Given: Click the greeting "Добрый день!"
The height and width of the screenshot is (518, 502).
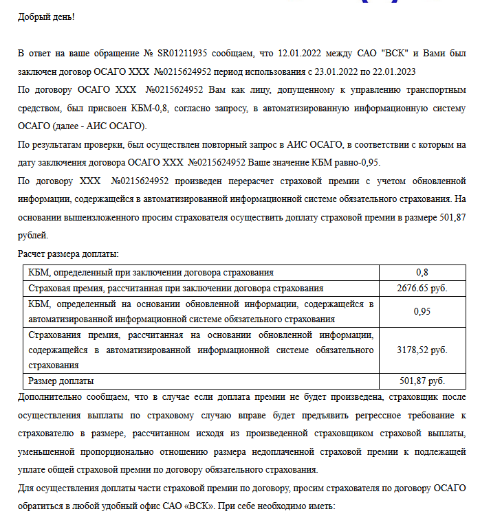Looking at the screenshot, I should pyautogui.click(x=45, y=16).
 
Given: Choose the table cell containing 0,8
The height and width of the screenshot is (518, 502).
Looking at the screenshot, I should pyautogui.click(x=422, y=273).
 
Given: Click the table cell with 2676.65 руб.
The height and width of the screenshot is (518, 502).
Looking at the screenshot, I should pyautogui.click(x=422, y=288).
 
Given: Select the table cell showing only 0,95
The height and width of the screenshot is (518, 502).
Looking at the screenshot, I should pyautogui.click(x=422, y=311).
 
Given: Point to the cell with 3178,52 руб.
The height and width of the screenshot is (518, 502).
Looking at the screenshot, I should pyautogui.click(x=422, y=350).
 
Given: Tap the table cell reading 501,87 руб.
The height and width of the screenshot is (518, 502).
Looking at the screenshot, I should pyautogui.click(x=422, y=381).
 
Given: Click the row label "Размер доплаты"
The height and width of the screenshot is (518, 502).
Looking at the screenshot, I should pyautogui.click(x=61, y=381).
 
